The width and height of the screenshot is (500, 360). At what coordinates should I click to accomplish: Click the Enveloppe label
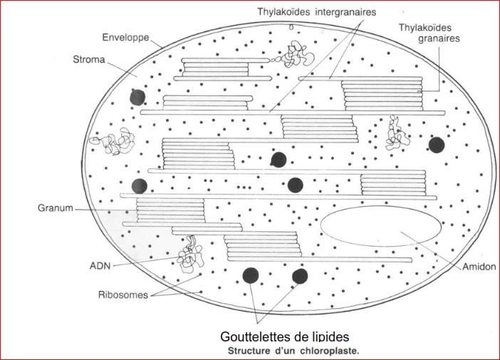click(125, 38)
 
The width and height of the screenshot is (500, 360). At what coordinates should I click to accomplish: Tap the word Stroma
click(89, 59)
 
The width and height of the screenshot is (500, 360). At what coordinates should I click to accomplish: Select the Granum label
click(56, 208)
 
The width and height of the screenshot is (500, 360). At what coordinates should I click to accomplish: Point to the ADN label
click(100, 266)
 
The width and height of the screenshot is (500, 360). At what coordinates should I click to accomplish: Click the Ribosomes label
click(123, 295)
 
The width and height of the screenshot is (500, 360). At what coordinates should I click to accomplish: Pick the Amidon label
click(479, 267)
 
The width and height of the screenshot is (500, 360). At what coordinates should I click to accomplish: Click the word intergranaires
click(345, 12)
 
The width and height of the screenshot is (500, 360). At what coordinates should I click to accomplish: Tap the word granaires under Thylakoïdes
click(439, 38)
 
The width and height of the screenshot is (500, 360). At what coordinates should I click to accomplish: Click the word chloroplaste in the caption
click(329, 351)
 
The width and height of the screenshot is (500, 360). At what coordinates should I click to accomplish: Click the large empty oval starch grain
click(381, 226)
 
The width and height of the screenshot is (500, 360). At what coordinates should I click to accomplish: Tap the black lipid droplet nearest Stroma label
click(137, 97)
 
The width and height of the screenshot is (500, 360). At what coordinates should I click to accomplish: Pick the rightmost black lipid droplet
click(437, 145)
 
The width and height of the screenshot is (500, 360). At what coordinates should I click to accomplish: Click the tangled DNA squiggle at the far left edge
click(113, 141)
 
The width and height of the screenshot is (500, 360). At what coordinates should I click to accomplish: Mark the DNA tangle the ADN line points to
click(191, 255)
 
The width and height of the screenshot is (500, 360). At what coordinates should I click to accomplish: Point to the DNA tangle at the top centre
click(293, 55)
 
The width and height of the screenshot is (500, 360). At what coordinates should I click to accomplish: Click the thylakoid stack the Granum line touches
click(171, 210)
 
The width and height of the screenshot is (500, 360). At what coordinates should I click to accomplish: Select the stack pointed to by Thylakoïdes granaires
click(382, 95)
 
